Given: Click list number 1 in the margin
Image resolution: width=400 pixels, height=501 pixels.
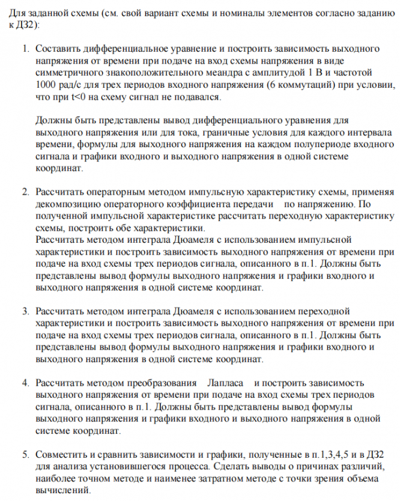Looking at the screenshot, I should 25,47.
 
